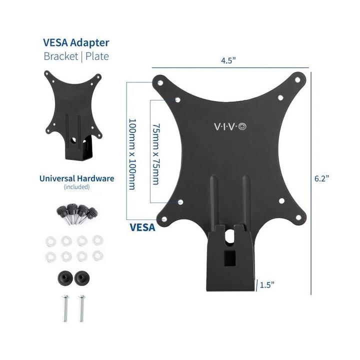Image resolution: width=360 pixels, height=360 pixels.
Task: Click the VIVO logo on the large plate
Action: pos(230,126)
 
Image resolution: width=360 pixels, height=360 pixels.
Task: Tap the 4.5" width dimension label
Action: pos(228,60)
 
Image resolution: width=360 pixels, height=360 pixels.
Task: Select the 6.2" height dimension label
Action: pos(321,178)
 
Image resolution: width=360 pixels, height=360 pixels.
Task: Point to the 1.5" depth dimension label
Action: pos(267,285)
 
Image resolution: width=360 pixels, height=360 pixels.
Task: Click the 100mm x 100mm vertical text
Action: pos(132,154)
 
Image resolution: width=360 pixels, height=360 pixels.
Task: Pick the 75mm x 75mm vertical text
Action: pos(156,154)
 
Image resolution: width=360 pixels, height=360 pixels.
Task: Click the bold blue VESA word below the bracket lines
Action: pos(142,227)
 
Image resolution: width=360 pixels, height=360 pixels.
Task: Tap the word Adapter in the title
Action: pos(90,43)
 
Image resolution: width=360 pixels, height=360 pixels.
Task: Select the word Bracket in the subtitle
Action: pos(61,56)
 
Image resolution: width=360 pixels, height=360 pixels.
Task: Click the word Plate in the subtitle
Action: pos(97,56)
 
